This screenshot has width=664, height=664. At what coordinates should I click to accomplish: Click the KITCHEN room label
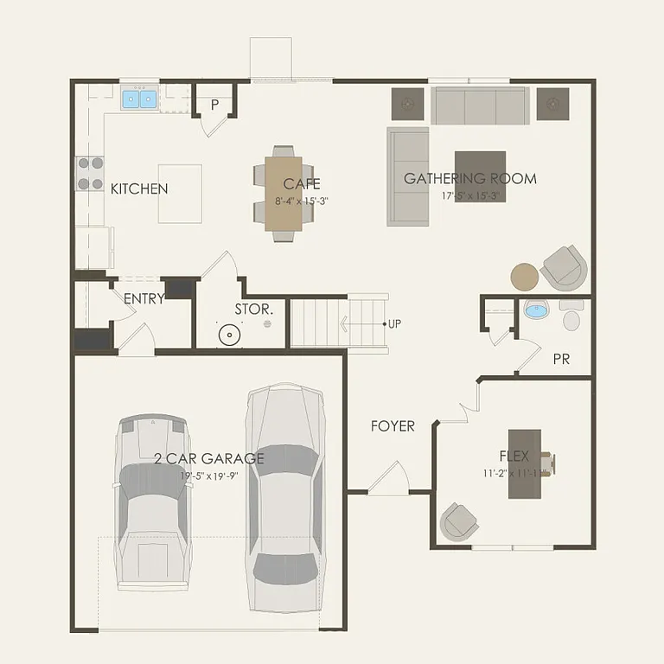139,188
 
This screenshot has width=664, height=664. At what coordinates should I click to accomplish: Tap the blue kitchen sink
138,99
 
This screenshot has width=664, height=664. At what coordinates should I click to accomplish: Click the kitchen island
180,194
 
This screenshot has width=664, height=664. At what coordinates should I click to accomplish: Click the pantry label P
214,105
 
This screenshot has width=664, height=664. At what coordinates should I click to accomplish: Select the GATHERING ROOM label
470,179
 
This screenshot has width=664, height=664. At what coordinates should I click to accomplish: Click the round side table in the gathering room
525,277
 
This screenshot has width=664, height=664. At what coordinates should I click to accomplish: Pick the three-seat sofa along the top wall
481,105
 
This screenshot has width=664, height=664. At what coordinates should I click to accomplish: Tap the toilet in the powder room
571,318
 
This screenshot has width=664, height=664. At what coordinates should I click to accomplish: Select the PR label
561,358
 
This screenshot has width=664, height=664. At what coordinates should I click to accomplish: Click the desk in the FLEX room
525,463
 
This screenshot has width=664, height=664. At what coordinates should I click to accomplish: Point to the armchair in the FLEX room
459,520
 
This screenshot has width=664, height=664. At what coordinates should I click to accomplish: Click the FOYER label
393,426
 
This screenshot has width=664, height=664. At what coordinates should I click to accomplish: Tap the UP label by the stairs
394,324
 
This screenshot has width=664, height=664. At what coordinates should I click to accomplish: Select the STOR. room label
254,309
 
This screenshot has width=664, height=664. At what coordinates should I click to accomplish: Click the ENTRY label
144,299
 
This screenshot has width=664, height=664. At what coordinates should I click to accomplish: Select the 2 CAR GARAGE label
209,458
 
